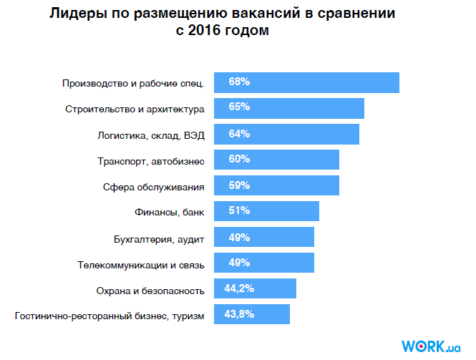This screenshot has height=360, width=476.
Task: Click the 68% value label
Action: point(239,82)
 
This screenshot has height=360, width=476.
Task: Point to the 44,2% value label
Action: point(239,288)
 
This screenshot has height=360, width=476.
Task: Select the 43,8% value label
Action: point(239,314)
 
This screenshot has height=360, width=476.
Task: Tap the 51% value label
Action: point(239,210)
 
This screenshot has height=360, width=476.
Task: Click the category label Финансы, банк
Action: point(170,212)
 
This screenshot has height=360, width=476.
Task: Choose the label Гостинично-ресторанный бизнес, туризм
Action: point(110,315)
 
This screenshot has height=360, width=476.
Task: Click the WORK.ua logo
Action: point(431,346)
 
